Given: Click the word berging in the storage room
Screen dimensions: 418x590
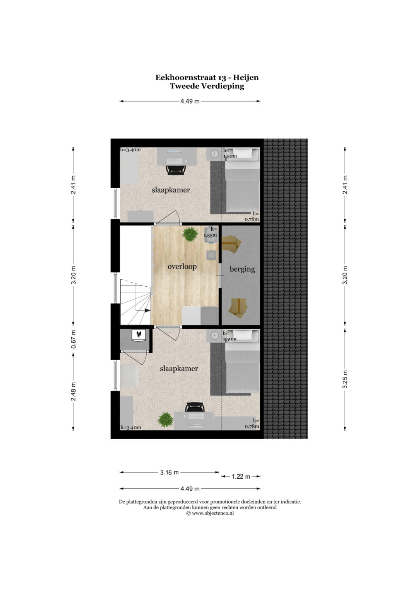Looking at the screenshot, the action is (x=242, y=269).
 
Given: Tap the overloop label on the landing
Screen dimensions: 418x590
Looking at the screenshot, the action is (x=182, y=267).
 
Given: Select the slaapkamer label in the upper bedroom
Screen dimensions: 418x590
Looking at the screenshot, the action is (x=171, y=190).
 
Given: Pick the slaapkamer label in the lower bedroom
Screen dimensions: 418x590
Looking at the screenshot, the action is (x=179, y=369).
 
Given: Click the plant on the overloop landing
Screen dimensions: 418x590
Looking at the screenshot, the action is (x=190, y=234).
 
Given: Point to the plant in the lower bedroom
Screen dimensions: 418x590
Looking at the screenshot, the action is (x=166, y=420).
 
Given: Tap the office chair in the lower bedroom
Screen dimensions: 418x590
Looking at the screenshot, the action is (x=195, y=408).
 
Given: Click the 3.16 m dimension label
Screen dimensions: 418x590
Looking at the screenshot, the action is (x=169, y=473).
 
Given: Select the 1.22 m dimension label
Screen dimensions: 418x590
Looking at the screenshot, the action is (x=241, y=476).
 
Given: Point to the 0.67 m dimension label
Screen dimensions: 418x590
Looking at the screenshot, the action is (x=74, y=339).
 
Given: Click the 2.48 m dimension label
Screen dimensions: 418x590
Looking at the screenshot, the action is (x=74, y=391).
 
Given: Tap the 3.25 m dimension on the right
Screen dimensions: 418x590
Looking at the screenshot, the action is (x=345, y=379).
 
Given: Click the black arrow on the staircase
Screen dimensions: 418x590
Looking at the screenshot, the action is (x=147, y=311).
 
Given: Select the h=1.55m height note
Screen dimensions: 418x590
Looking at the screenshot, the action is (x=210, y=232).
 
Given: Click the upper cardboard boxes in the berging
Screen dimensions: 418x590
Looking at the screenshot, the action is (x=231, y=244).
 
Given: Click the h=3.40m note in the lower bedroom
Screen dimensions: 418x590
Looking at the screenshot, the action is (x=131, y=427).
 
